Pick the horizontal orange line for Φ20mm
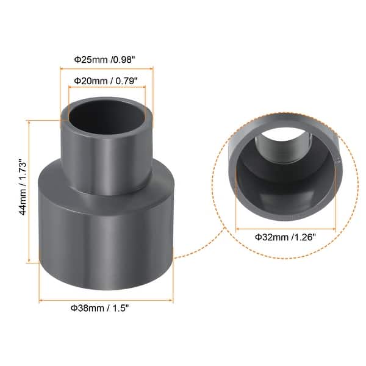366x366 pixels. pos(107,88)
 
